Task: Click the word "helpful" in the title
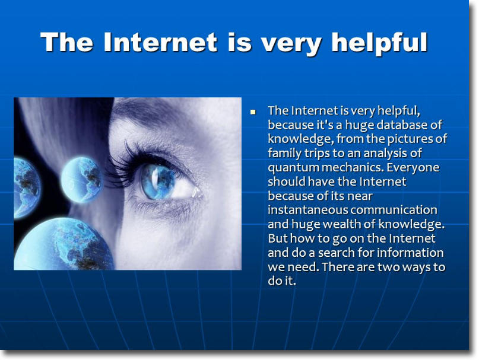(380, 43)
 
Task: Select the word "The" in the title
(66, 42)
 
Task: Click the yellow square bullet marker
(253, 111)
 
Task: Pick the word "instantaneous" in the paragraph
(308, 210)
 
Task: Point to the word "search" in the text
(337, 253)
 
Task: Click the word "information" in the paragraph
(410, 253)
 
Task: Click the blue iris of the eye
(158, 181)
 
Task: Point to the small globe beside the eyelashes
(81, 179)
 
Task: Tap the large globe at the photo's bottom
(64, 244)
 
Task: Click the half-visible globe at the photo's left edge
(27, 188)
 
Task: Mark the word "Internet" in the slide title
(161, 42)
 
